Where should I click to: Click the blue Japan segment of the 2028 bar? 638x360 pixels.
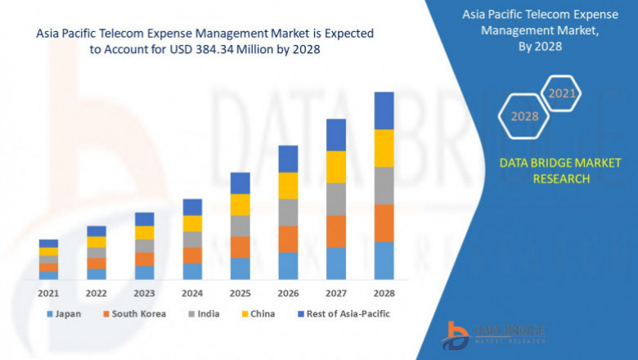pyautogui.click(x=384, y=260)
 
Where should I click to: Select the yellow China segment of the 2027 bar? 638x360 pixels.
pyautogui.click(x=336, y=167)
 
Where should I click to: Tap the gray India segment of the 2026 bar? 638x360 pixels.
pyautogui.click(x=288, y=212)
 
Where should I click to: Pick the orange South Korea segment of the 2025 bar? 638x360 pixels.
pyautogui.click(x=240, y=247)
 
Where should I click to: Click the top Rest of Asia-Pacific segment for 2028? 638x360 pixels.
pyautogui.click(x=384, y=110)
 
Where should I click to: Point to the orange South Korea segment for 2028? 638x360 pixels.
pyautogui.click(x=384, y=223)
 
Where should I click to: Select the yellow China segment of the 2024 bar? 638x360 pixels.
pyautogui.click(x=192, y=223)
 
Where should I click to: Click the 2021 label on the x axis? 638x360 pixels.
pyautogui.click(x=48, y=293)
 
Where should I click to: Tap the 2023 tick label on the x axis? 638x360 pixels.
pyautogui.click(x=144, y=293)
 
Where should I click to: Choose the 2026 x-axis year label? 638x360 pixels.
pyautogui.click(x=288, y=293)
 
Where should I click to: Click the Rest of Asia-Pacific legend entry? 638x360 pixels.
pyautogui.click(x=344, y=313)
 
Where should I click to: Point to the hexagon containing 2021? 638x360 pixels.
pyautogui.click(x=561, y=93)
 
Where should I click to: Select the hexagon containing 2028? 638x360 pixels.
pyautogui.click(x=524, y=116)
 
